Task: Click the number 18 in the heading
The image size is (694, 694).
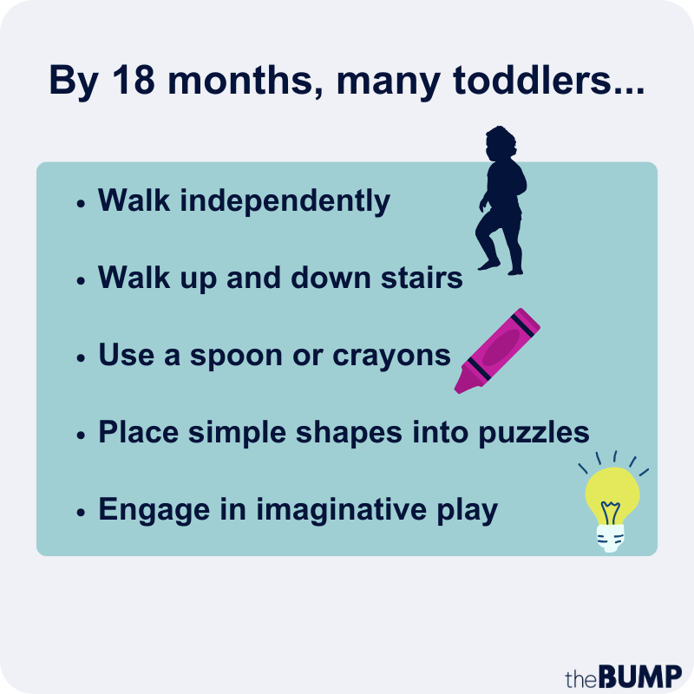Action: point(134,80)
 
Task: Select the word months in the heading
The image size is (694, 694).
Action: point(246,81)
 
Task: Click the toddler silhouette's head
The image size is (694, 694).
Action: point(501,142)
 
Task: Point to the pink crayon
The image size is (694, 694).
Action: point(497,350)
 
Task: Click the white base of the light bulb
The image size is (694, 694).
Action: point(611,538)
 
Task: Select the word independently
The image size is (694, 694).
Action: point(285,201)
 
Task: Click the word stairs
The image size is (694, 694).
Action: point(422,278)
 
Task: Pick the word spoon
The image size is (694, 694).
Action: point(236,357)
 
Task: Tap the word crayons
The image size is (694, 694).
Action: point(392,357)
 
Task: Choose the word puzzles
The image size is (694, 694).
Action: point(534,433)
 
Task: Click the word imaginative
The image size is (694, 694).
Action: point(342,510)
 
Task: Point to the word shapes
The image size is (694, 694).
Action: point(350,433)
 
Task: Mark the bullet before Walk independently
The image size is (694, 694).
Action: point(81,204)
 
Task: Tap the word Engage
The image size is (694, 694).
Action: point(154,510)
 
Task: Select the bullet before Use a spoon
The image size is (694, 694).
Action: point(81,357)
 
